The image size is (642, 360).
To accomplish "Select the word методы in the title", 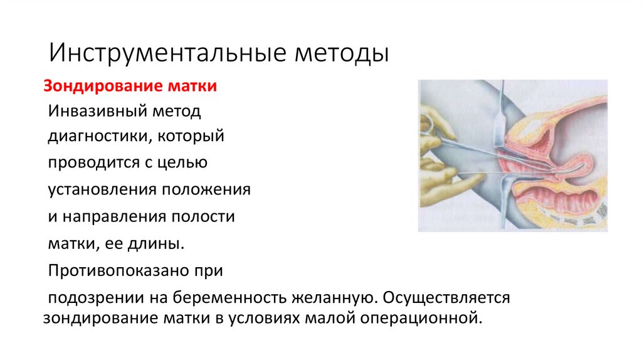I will (x=342, y=52).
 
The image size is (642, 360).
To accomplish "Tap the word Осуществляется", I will (x=445, y=297).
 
